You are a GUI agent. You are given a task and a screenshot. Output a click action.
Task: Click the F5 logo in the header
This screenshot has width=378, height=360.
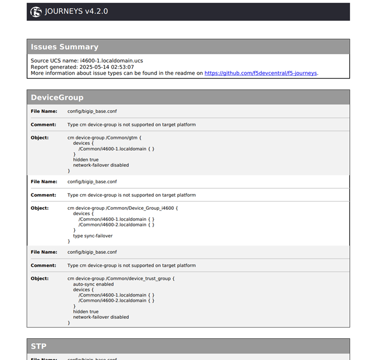tap(36, 12)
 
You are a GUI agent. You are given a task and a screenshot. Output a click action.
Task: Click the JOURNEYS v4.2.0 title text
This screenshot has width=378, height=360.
tap(77, 12)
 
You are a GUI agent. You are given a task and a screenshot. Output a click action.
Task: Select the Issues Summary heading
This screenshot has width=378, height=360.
tap(64, 47)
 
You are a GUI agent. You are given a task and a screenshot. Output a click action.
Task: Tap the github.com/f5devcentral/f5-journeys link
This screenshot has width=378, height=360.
tap(260, 73)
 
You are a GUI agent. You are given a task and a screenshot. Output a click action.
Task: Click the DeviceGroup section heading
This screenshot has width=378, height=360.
tap(57, 98)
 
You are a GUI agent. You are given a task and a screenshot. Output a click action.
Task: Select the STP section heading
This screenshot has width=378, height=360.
tap(38, 346)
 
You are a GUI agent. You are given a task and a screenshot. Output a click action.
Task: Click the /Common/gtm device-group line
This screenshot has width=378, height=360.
tap(104, 138)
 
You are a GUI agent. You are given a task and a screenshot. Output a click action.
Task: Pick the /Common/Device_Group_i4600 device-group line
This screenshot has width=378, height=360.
tap(122, 208)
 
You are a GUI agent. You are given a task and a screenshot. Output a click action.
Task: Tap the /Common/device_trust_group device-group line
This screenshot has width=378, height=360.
tap(121, 279)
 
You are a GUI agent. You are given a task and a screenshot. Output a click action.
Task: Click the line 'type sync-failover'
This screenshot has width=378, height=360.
tap(93, 236)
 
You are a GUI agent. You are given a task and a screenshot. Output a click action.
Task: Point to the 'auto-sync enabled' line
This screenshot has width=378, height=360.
tap(93, 284)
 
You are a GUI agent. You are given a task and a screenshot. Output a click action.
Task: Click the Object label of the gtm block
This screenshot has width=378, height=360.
tap(40, 138)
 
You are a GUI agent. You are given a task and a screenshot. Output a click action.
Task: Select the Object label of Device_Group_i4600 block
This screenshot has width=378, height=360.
tap(40, 208)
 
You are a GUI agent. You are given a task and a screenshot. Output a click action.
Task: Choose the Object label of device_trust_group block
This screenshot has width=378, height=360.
tap(40, 279)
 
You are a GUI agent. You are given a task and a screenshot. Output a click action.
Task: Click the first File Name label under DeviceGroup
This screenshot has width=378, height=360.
tap(43, 111)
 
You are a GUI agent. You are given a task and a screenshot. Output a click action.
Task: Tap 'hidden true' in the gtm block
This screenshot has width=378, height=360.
tap(86, 159)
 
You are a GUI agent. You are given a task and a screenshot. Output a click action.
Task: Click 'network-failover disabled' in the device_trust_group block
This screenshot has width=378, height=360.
tap(101, 317)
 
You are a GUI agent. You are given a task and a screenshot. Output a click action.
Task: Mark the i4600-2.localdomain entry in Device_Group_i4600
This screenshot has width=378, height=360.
tap(116, 224)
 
